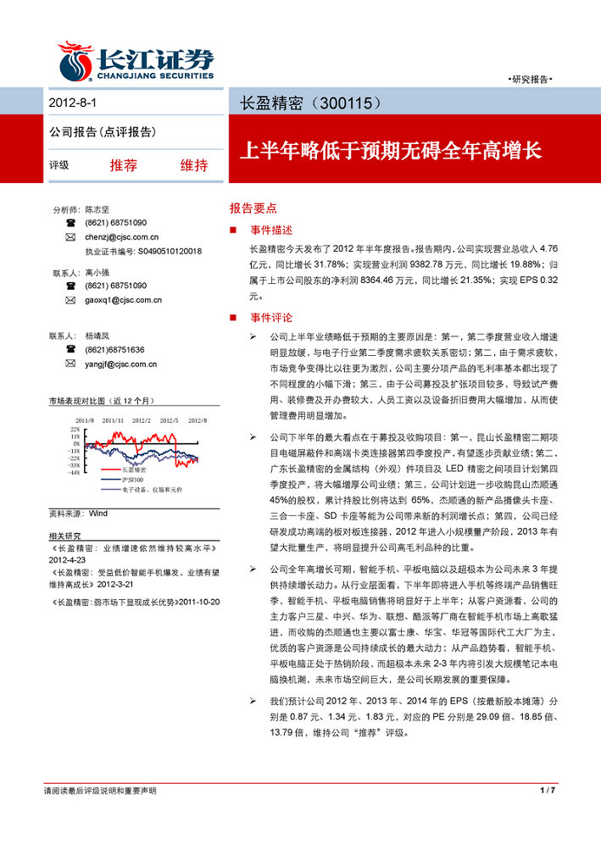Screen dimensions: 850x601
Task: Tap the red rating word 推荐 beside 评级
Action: [x=123, y=165]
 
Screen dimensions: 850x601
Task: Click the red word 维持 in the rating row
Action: [x=193, y=165]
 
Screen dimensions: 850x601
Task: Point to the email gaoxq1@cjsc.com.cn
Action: [x=123, y=300]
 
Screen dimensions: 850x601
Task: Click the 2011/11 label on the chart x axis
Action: [x=113, y=420]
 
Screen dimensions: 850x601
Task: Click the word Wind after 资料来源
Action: [x=97, y=514]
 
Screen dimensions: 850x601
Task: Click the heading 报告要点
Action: [x=253, y=208]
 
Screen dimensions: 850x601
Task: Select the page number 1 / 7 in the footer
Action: [x=547, y=790]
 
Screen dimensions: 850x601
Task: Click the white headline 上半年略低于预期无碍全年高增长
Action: [x=390, y=152]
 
